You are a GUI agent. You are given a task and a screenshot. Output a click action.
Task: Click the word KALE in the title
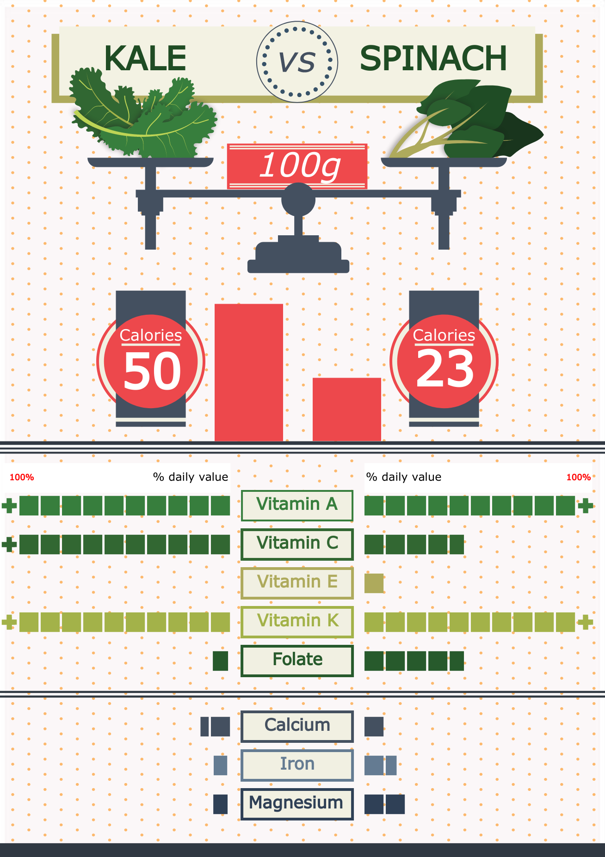tap(145, 59)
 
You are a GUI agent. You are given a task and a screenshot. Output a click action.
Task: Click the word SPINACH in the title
tap(433, 59)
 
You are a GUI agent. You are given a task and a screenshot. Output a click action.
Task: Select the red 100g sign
tap(297, 166)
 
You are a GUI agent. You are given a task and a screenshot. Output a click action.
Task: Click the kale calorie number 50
tap(152, 371)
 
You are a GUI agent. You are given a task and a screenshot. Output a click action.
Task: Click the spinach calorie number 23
tap(445, 369)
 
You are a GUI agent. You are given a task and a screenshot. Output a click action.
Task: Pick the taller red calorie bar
tap(249, 373)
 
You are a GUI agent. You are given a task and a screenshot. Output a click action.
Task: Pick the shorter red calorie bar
tap(347, 410)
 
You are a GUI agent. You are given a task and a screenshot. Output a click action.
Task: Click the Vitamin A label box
tap(297, 505)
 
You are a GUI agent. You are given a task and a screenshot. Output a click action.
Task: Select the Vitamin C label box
tap(297, 544)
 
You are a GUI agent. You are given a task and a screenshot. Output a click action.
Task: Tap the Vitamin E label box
tap(297, 583)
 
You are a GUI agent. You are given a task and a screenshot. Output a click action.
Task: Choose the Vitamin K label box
tap(297, 622)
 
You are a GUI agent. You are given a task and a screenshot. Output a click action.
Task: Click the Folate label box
tap(297, 661)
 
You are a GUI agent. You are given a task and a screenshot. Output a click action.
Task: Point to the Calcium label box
tap(297, 726)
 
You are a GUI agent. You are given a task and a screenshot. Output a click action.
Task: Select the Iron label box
tap(297, 765)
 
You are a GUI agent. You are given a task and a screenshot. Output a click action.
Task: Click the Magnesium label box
tap(297, 804)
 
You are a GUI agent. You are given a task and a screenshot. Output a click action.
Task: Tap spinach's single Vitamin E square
tap(374, 583)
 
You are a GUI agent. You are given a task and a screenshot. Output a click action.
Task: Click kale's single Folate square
tap(221, 661)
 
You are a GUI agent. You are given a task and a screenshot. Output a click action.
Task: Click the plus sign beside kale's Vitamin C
tap(9, 545)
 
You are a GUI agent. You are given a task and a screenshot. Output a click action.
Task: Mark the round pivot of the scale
tap(298, 200)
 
